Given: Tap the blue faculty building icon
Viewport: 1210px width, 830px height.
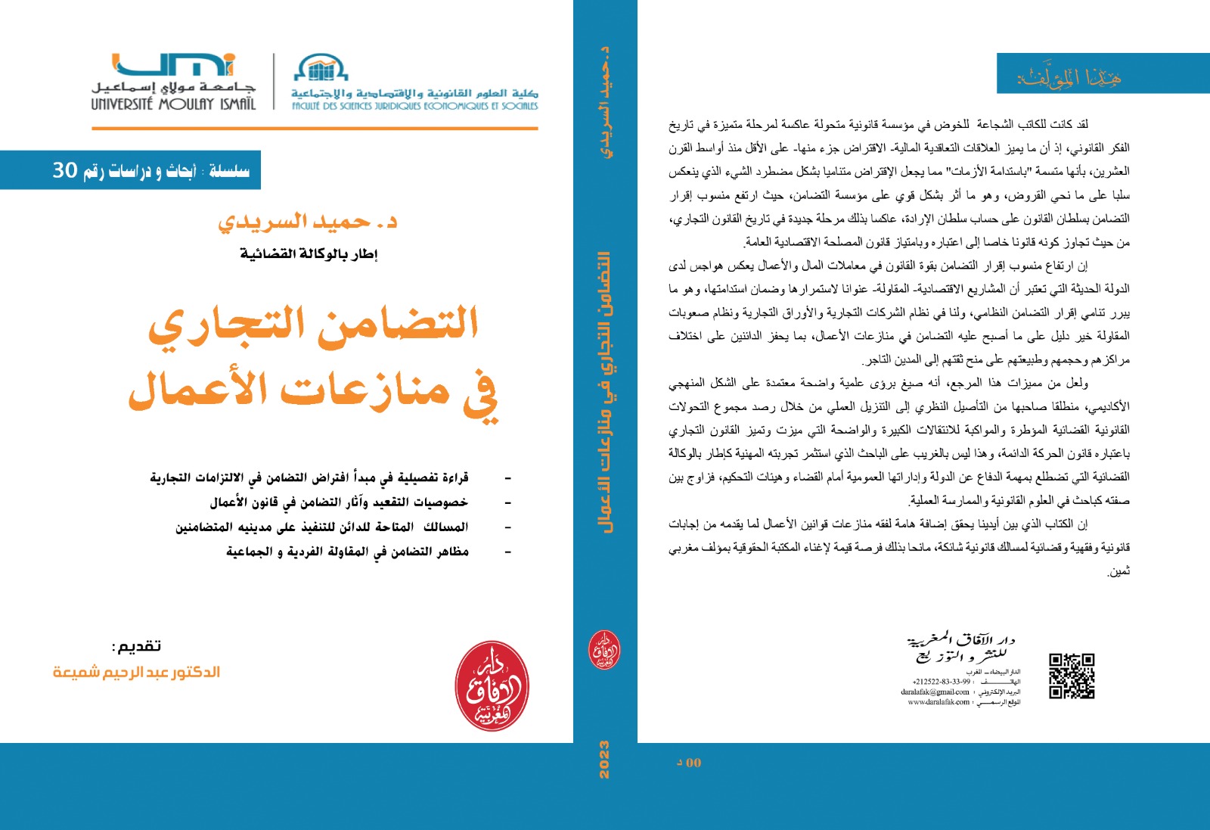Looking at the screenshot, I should pyautogui.click(x=321, y=68).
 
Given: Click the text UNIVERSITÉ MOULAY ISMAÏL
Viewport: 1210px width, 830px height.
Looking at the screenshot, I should pyautogui.click(x=173, y=104).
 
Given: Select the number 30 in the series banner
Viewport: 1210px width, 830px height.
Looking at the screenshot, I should pyautogui.click(x=65, y=170).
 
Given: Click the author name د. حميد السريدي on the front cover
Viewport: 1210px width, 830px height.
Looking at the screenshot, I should pyautogui.click(x=307, y=222).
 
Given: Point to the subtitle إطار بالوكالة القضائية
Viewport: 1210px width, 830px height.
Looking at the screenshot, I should pyautogui.click(x=309, y=254).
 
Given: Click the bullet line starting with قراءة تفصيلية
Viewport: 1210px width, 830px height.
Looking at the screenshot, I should pyautogui.click(x=309, y=477).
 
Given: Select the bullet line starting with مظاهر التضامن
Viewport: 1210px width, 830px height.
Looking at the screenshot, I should pyautogui.click(x=347, y=552).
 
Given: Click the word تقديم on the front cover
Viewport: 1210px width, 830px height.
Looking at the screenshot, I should pyautogui.click(x=137, y=646).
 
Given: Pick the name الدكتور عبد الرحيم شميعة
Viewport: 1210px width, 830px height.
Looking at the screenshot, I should pyautogui.click(x=136, y=672).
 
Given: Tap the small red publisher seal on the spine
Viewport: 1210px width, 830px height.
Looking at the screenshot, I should pyautogui.click(x=604, y=650).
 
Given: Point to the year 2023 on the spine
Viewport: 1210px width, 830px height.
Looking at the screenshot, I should pyautogui.click(x=604, y=760).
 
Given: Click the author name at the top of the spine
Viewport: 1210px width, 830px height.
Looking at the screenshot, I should pyautogui.click(x=605, y=101).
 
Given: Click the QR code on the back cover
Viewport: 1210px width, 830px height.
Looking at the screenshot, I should pyautogui.click(x=1072, y=676).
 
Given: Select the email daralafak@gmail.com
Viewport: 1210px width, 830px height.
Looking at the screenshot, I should pyautogui.click(x=935, y=692).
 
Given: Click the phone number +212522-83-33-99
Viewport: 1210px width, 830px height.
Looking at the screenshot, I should pyautogui.click(x=941, y=682).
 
